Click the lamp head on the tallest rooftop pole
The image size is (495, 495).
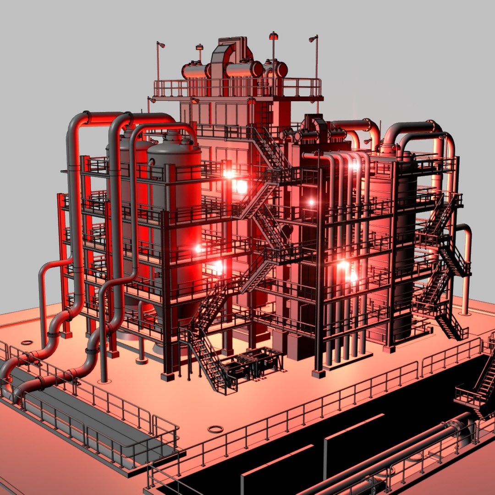point(274,35)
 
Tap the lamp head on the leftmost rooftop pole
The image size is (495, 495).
point(161,44)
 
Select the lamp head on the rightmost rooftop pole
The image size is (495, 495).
point(313,38)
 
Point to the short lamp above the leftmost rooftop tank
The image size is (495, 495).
point(199,47)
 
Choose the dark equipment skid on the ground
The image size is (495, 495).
point(254,362)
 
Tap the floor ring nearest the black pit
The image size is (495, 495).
point(215,429)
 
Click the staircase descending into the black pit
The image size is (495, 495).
point(479,385)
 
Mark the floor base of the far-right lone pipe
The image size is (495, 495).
point(465,313)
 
